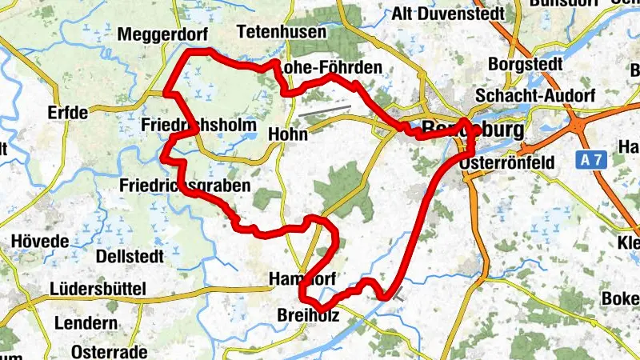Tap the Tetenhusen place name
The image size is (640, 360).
[x=282, y=32]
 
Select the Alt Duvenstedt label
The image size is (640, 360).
[x=448, y=14]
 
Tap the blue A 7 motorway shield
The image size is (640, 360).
[x=592, y=161]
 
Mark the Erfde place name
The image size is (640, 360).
[x=68, y=112]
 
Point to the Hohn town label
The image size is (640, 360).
[x=289, y=134]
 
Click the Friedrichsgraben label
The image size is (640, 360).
[x=184, y=186]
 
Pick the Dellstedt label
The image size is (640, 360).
[x=130, y=256]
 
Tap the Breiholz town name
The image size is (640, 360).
[x=308, y=316]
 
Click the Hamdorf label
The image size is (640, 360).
[x=302, y=278]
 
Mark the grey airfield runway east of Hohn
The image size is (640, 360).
[x=325, y=111]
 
